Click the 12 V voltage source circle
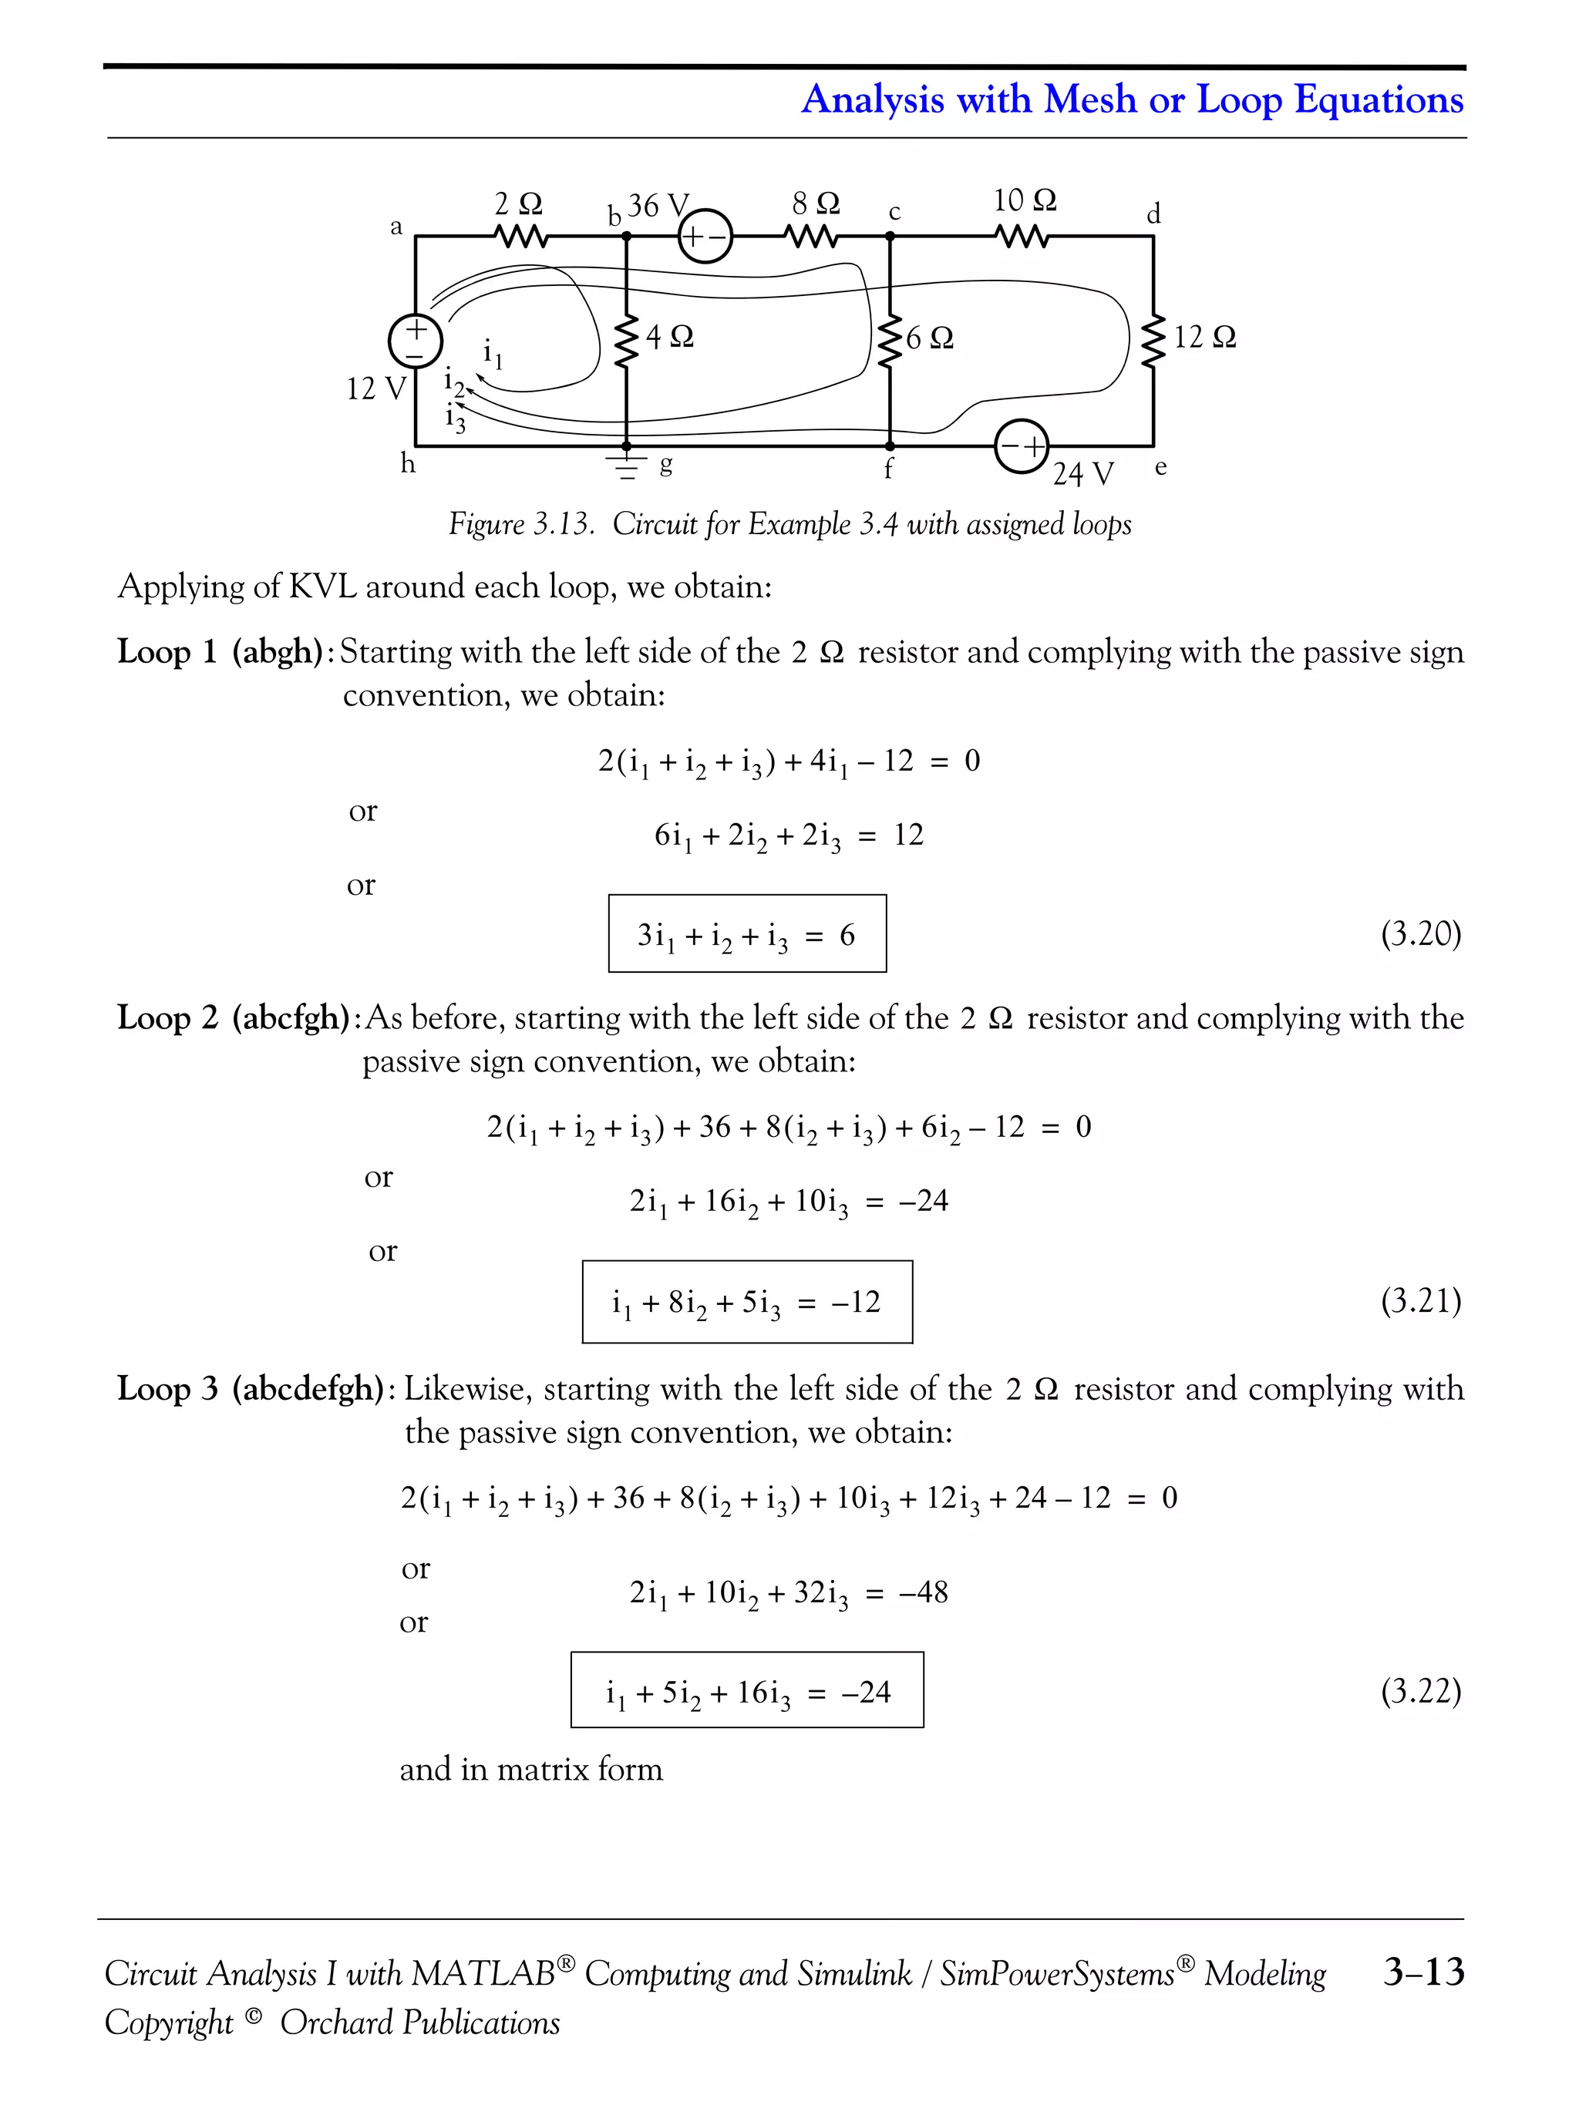tap(416, 340)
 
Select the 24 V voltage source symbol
tap(1022, 446)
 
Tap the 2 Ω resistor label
tap(518, 203)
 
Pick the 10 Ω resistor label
tap(1024, 201)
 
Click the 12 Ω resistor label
tap(1204, 337)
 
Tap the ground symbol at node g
tap(626, 466)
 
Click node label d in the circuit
tap(1153, 215)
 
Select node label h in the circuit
tap(407, 463)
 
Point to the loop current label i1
tap(492, 354)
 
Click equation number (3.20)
tap(1420, 933)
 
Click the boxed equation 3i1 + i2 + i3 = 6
tap(747, 933)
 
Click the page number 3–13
tap(1423, 1972)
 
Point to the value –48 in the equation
tap(922, 1592)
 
